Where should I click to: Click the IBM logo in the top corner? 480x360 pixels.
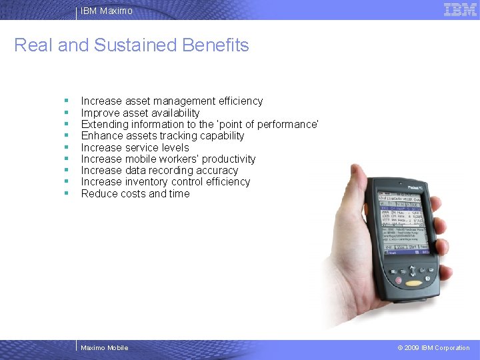click(460, 9)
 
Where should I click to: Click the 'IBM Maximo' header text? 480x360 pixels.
click(107, 11)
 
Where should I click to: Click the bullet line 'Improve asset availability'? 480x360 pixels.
click(140, 113)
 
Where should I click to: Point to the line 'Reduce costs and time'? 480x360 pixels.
click(135, 193)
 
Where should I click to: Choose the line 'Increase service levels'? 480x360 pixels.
click(135, 147)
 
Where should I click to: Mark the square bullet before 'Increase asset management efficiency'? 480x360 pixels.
click(67, 101)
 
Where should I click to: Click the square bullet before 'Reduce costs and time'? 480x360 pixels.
click(67, 193)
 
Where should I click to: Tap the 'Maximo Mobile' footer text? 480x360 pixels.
click(104, 347)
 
